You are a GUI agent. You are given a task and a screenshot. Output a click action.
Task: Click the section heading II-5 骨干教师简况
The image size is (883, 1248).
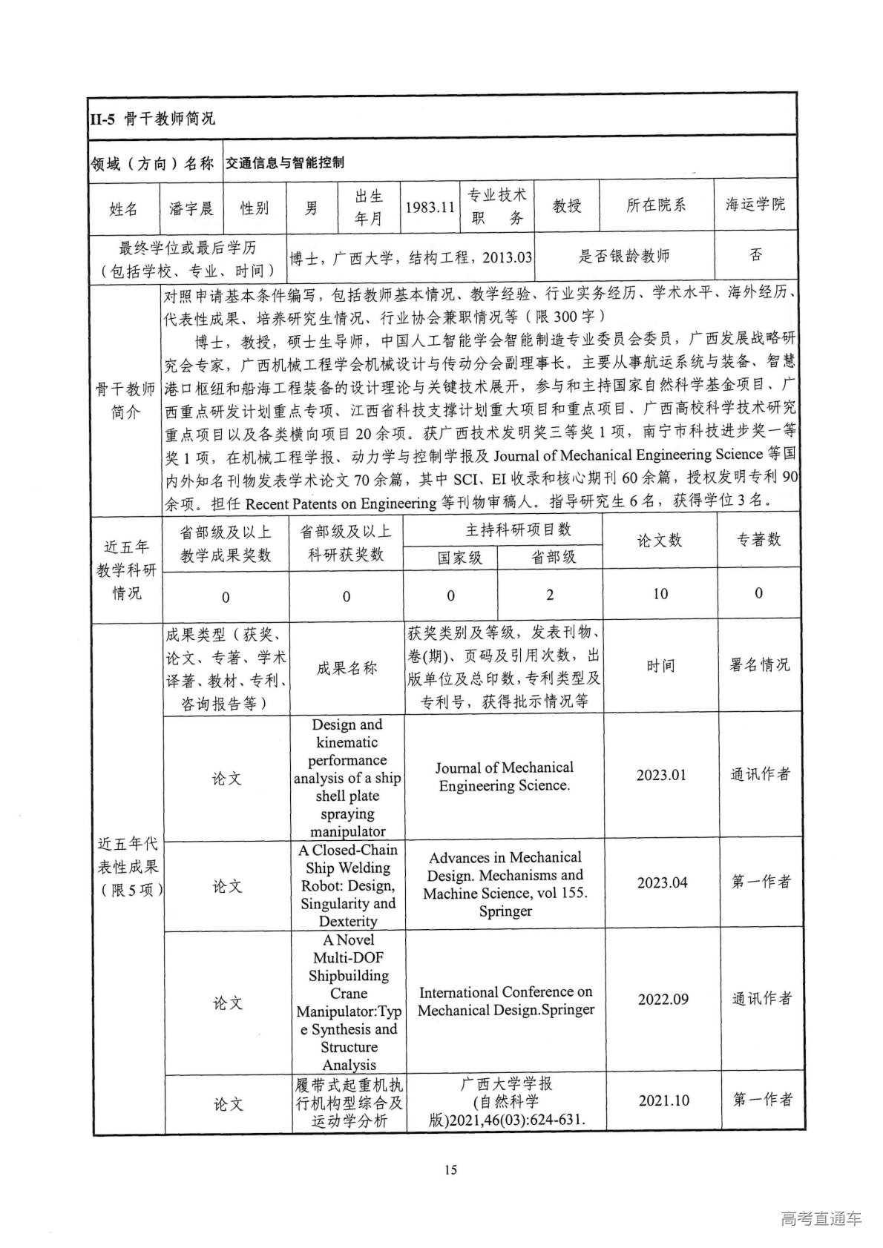151,118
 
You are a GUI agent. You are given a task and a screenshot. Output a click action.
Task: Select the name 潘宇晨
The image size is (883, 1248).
191,208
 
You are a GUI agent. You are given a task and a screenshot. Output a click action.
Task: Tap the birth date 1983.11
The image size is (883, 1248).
430,208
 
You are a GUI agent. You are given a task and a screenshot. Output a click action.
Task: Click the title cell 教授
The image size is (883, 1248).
567,206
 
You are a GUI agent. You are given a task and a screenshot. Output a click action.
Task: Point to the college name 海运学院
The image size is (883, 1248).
755,205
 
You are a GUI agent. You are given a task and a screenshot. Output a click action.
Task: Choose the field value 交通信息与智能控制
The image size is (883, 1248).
285,162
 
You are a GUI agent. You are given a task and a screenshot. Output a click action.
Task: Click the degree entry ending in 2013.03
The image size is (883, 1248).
411,258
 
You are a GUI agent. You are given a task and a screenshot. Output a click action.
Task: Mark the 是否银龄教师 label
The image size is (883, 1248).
624,257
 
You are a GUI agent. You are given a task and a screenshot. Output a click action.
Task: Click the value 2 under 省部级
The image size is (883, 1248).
550,595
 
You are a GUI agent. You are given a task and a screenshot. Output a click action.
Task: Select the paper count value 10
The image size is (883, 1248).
660,594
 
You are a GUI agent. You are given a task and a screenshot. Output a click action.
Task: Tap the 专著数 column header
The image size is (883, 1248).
758,540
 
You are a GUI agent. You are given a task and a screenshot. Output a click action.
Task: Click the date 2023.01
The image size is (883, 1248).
661,775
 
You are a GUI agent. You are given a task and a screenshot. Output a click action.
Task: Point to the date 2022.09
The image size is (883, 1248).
663,1000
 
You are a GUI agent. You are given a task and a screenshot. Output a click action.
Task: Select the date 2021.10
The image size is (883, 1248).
663,1100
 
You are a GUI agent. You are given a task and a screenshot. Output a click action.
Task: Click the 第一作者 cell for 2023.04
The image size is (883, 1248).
761,882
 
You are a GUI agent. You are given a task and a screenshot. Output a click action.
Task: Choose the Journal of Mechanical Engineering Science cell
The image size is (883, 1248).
505,776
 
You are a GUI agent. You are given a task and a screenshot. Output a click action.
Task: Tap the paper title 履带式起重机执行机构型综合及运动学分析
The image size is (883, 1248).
349,1103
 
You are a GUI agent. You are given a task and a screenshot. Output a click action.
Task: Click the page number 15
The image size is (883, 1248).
450,1170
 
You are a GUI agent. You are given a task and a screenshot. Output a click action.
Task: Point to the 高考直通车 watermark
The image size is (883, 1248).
821,1218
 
